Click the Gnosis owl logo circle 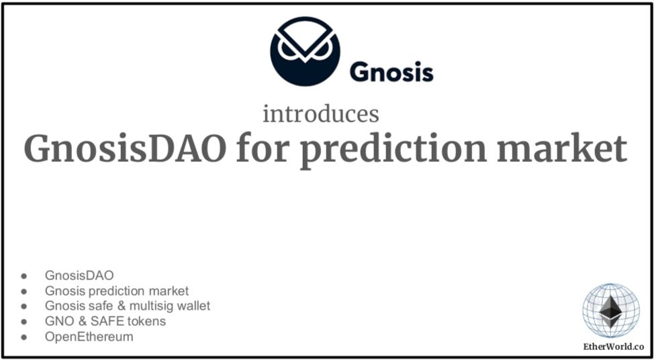(305, 52)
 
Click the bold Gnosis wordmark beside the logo (391, 71)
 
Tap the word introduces (320, 114)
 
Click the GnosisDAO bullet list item (79, 275)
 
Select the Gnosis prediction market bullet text (117, 291)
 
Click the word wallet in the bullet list (193, 306)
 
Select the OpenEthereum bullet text (89, 337)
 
